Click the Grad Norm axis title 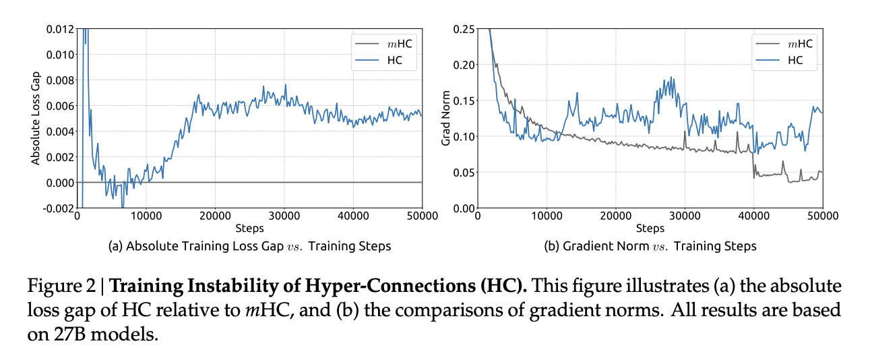[x=445, y=118]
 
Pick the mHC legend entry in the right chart [x=797, y=44]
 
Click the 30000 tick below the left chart [x=284, y=216]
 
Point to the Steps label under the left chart [x=249, y=229]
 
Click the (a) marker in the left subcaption [x=115, y=247]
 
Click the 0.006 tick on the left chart [x=59, y=105]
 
